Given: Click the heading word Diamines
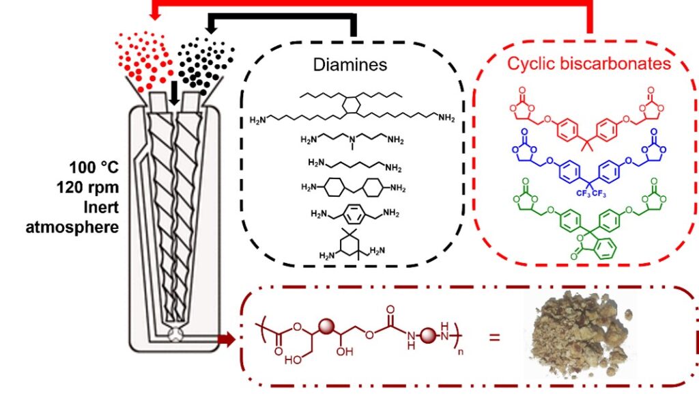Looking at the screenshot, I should [x=349, y=65].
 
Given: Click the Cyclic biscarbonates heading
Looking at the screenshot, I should [x=588, y=64].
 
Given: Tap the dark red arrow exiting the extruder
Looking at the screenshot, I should [x=225, y=336].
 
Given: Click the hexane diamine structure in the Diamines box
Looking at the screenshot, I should [x=354, y=165].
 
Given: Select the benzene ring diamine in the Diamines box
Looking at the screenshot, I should [x=354, y=214].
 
